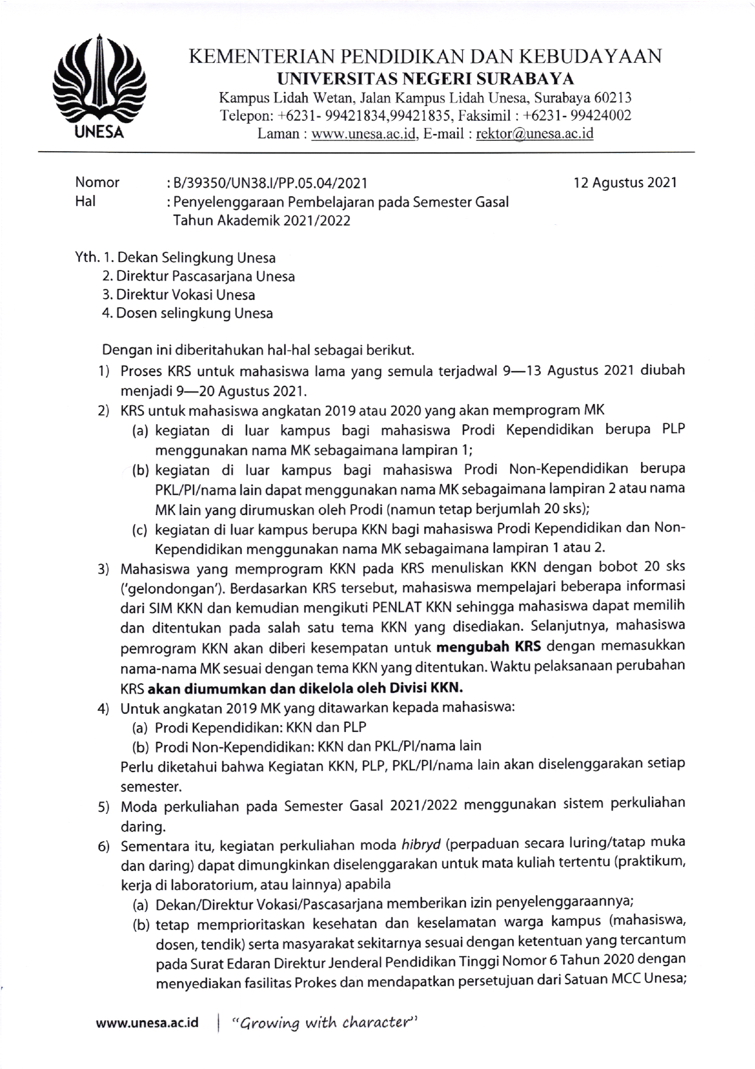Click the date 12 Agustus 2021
[625, 183]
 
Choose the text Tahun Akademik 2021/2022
[261, 220]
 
